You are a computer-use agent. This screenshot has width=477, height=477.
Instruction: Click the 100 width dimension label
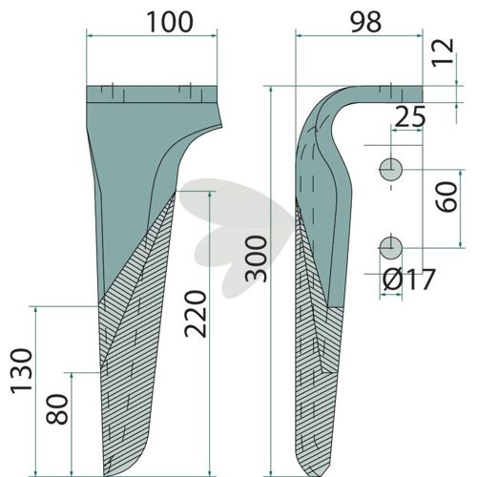click(x=170, y=22)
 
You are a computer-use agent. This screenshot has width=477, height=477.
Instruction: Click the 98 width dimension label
click(x=365, y=22)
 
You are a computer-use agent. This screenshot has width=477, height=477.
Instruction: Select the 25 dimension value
click(x=409, y=116)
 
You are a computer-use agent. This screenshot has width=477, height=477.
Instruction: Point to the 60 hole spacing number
click(x=446, y=197)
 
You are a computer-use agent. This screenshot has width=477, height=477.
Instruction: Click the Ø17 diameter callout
click(x=408, y=280)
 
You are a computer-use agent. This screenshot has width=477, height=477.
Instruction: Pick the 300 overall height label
click(x=257, y=259)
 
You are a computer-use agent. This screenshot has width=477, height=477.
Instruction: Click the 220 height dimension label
click(x=196, y=313)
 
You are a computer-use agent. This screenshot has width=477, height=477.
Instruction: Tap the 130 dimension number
click(x=22, y=371)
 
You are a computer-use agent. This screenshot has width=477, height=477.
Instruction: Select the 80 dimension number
click(x=57, y=409)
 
